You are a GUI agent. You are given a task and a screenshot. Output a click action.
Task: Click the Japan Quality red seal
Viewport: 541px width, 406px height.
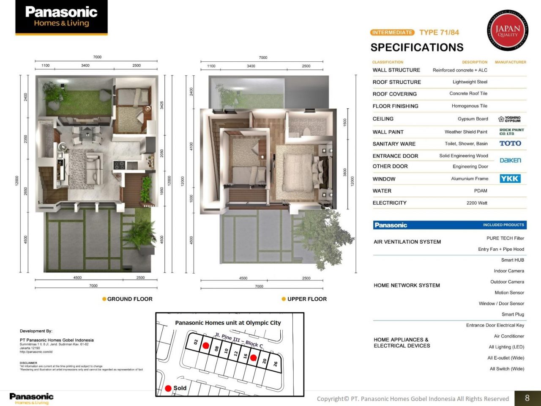(x=507, y=30)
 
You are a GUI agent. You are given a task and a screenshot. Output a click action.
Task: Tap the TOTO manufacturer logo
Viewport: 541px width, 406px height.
(x=510, y=143)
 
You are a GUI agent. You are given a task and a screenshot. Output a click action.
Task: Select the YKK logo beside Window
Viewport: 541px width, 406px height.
(x=510, y=178)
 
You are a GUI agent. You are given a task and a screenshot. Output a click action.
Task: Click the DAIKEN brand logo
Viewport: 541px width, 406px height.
(x=510, y=160)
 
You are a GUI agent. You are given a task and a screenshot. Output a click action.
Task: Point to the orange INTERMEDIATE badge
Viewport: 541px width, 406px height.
(x=392, y=32)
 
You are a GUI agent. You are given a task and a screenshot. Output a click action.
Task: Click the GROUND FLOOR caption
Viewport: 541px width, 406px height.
(x=130, y=299)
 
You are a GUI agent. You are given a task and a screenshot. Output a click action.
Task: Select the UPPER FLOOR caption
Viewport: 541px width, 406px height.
(x=307, y=299)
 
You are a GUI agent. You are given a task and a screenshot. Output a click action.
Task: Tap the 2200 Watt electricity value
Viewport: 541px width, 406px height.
(x=477, y=203)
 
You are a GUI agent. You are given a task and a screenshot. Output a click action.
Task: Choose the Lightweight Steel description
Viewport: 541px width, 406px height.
(x=470, y=82)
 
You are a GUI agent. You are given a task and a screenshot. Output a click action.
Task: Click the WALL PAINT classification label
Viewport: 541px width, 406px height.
(x=388, y=132)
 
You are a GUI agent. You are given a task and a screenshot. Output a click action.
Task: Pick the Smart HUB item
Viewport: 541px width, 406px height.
(x=512, y=260)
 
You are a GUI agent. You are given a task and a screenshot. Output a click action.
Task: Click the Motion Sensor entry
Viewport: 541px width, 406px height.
(x=509, y=293)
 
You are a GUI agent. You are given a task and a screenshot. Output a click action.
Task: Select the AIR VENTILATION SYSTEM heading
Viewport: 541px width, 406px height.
(x=407, y=242)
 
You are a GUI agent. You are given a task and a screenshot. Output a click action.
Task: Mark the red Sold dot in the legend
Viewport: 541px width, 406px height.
(x=168, y=388)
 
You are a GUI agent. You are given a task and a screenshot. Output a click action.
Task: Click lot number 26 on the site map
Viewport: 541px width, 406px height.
(x=276, y=364)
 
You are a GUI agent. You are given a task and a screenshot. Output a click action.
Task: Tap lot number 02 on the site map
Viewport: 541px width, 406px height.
(x=196, y=342)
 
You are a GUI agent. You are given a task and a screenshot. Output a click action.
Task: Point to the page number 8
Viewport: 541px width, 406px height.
(x=527, y=398)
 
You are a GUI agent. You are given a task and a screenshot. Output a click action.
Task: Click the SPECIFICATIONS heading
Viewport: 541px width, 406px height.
(x=417, y=47)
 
